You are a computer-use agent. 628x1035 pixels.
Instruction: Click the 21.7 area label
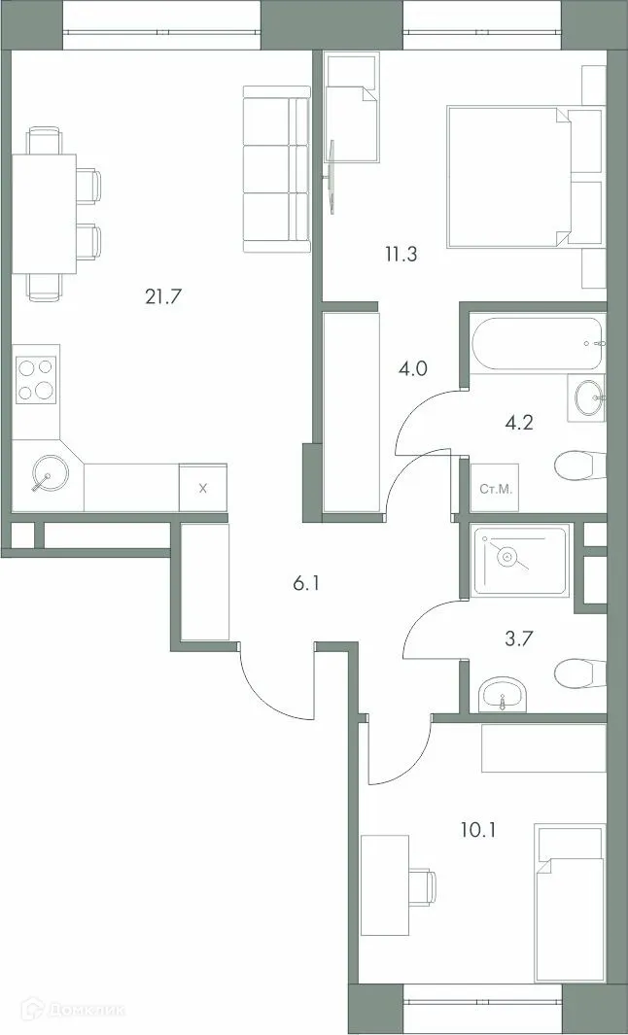[x=164, y=296]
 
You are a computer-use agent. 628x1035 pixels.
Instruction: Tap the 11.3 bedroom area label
[x=401, y=256]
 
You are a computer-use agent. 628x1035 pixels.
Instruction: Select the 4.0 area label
[x=412, y=368]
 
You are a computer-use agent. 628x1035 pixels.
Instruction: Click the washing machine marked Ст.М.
[x=497, y=488]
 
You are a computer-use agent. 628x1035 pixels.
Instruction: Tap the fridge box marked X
[x=202, y=488]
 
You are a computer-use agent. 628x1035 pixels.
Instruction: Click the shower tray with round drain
[x=519, y=561]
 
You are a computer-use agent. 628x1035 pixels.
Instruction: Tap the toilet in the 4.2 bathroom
[x=580, y=466]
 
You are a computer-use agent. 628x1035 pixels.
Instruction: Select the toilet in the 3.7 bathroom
[x=581, y=672]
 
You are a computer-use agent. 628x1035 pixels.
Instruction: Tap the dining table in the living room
[x=44, y=213]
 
